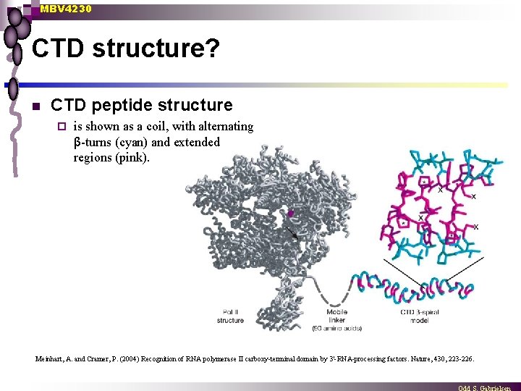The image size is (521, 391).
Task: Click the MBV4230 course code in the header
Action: coord(66,9)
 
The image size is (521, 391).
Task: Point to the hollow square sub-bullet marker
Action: coord(62,127)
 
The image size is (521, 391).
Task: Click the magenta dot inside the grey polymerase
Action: coord(291,214)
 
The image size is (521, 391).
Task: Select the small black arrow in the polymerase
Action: coord(292,233)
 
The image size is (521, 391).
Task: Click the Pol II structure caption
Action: coord(230,316)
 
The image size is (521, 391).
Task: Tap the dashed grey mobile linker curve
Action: coord(329,292)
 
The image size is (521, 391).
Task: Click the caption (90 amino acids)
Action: coord(337,328)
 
